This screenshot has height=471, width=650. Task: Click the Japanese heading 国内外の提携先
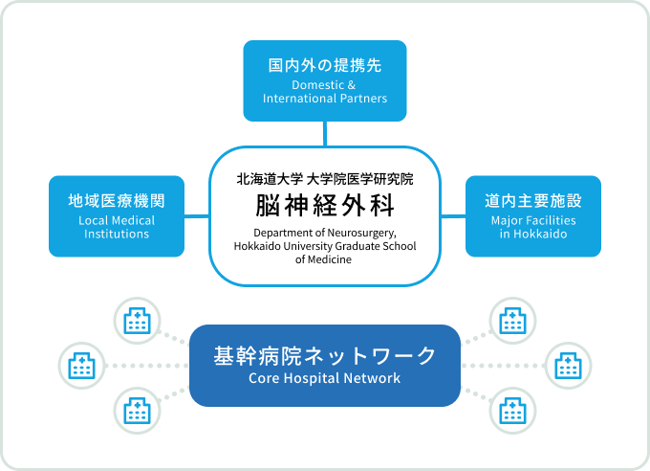point(325,67)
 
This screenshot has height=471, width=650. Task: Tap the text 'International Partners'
point(325,99)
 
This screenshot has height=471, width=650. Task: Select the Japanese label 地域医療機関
point(117,202)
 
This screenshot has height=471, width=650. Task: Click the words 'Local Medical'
point(117,221)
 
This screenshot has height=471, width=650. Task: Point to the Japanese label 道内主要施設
point(533,202)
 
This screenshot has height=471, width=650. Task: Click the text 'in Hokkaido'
point(533,235)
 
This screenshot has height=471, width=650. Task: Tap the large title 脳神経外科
point(325,206)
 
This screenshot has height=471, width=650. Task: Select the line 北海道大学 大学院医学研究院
point(325,178)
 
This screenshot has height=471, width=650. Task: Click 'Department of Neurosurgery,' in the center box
point(325,233)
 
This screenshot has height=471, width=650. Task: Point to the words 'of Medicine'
point(325,259)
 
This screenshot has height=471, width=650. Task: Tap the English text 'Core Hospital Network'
point(325,379)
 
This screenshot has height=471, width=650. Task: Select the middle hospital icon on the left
point(82,365)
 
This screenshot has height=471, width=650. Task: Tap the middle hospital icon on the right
point(568,365)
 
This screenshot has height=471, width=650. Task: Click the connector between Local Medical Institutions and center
point(197,216)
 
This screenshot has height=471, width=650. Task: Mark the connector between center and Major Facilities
point(453,216)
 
